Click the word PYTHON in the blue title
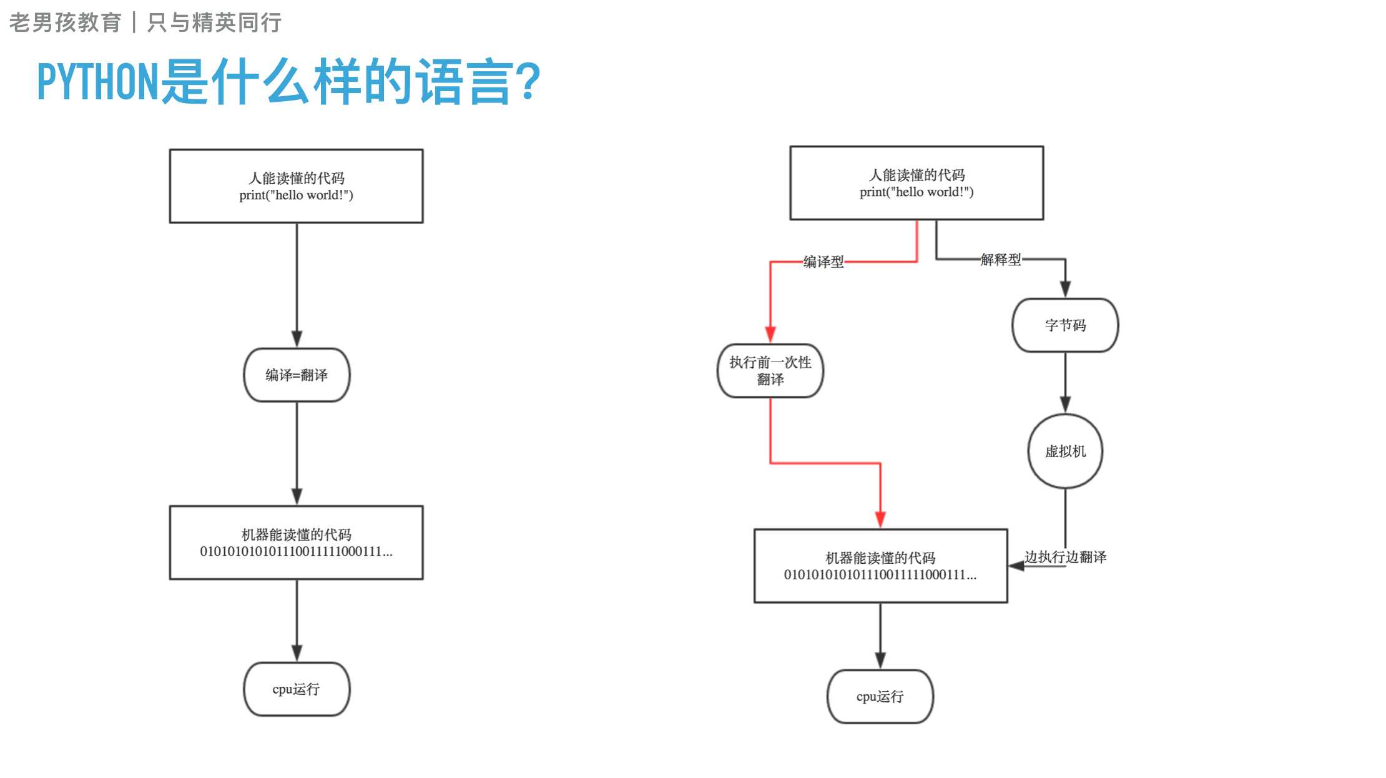98,82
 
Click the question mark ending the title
529,82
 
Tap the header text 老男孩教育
65,22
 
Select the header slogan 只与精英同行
214,22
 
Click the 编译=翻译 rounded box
297,375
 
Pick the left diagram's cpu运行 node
297,689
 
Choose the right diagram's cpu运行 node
880,697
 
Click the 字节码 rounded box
1065,325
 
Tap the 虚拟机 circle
1065,451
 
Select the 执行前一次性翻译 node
770,371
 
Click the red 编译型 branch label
823,262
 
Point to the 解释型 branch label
1000,260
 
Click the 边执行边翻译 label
1065,557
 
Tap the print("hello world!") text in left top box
296,195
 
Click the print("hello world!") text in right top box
917,192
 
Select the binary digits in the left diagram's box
296,552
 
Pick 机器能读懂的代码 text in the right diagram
880,558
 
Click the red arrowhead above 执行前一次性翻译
770,334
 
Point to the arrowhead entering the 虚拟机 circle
1065,405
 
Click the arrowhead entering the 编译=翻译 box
297,339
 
